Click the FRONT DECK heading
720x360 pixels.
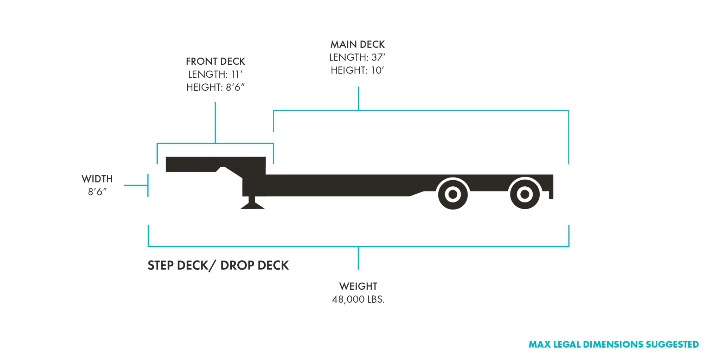tap(215, 62)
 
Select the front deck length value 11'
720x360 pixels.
tap(237, 75)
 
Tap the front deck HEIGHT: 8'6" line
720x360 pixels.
tap(215, 87)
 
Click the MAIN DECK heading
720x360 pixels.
tap(358, 45)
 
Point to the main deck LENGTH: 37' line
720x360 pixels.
tap(357, 57)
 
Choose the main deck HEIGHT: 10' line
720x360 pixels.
tap(357, 70)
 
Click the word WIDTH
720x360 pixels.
tap(97, 179)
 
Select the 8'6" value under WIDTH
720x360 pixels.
tap(97, 192)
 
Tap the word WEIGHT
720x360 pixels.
tap(358, 287)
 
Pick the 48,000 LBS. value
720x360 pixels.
tap(358, 300)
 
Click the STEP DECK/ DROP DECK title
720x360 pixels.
tap(218, 265)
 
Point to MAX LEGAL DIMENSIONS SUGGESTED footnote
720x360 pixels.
tap(613, 345)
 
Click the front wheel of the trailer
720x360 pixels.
tap(453, 194)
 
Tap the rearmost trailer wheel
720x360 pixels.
tap(525, 194)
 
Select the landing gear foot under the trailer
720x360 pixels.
tap(252, 205)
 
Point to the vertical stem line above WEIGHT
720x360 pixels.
tap(358, 258)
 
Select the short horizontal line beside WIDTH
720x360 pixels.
tap(136, 185)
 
